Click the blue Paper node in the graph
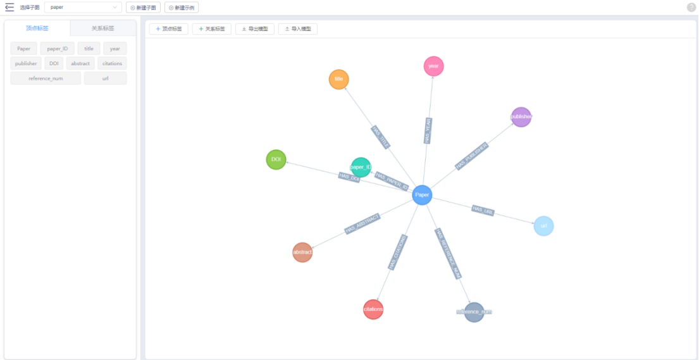tap(422, 195)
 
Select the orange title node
tap(339, 79)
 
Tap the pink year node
tap(433, 66)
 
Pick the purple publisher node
tap(521, 117)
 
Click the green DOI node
tap(276, 160)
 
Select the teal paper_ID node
tap(361, 167)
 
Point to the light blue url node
tap(543, 226)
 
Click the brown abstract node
tap(302, 252)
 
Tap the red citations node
tap(373, 309)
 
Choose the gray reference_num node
tap(474, 312)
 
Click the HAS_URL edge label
tap(483, 210)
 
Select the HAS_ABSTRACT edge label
tap(362, 224)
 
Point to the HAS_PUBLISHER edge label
tap(471, 156)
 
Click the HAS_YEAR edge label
tap(428, 130)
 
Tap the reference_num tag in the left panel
tap(46, 78)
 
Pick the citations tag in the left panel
tap(112, 63)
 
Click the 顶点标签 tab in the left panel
tap(37, 28)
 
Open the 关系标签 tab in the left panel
tap(103, 28)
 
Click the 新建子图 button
tap(143, 7)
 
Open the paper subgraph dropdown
tap(83, 7)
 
